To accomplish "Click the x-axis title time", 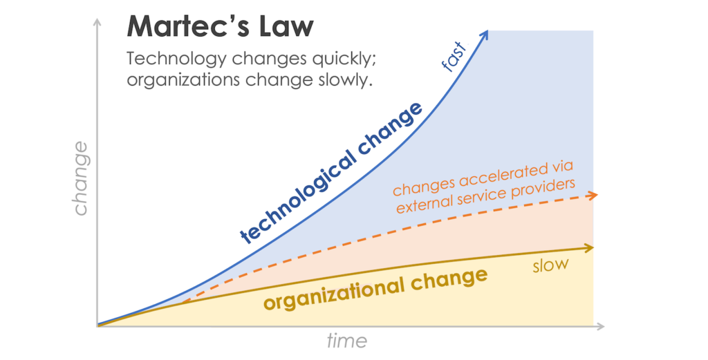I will click(x=347, y=341).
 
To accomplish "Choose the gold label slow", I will click(x=550, y=265).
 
